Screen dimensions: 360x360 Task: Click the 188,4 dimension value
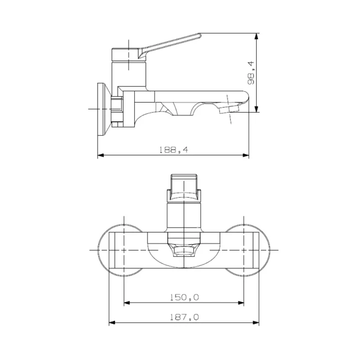pyautogui.click(x=173, y=150)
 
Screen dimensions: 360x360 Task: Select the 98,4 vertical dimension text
pyautogui.click(x=251, y=73)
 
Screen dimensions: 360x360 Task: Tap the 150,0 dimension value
pyautogui.click(x=184, y=297)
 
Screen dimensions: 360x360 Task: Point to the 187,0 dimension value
pyautogui.click(x=184, y=317)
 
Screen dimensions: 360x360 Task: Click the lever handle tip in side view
pyautogui.click(x=200, y=35)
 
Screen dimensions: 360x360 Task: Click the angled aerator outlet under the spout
pyautogui.click(x=229, y=109)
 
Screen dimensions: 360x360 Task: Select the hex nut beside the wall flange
pyautogui.click(x=117, y=112)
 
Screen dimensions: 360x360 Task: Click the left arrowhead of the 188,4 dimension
pyautogui.click(x=100, y=156)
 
